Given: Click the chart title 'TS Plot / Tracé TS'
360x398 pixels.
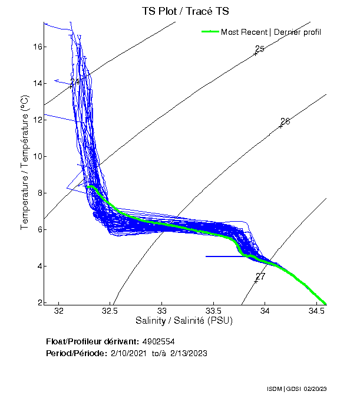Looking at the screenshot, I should tap(185, 11).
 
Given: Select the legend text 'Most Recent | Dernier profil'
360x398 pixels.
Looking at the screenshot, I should tap(270, 32).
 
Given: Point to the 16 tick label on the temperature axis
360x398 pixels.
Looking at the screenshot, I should tap(36, 47).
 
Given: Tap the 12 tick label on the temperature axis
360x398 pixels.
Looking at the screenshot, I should tap(36, 120).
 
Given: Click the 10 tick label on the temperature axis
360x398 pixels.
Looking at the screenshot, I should tap(36, 156).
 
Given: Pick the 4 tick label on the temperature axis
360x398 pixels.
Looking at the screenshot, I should tap(38, 266).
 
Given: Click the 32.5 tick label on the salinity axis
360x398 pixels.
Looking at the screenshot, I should tap(110, 311).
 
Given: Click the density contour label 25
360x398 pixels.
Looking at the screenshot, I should tap(259, 49).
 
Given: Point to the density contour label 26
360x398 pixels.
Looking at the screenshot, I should tap(285, 121).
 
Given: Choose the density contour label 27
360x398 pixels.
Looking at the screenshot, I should tap(260, 276).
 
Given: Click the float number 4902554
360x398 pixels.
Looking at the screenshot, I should tap(158, 341).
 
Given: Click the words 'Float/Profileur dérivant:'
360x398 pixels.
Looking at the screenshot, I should tap(92, 341).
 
